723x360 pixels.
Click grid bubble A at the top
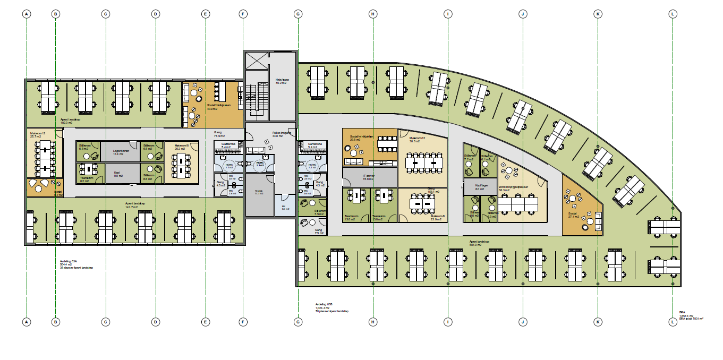[x=26, y=14]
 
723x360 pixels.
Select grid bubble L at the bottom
[x=673, y=321]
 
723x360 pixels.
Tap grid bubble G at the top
[x=298, y=14]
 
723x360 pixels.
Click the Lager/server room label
[x=121, y=152]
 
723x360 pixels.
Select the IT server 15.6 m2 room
[x=369, y=176]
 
